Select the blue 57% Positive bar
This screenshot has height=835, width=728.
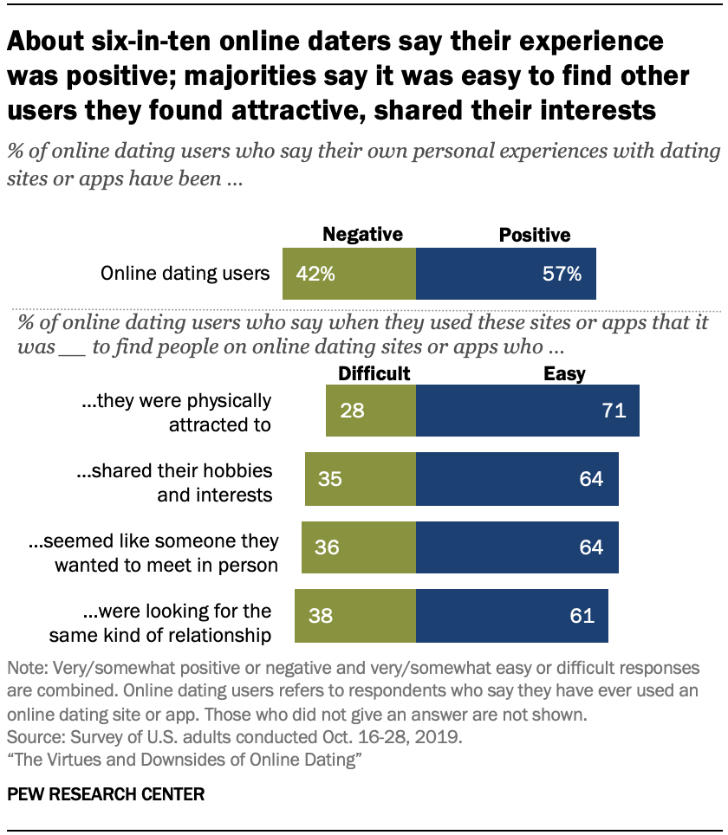click(x=506, y=274)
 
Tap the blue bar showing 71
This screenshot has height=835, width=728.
click(x=528, y=411)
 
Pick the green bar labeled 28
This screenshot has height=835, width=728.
click(x=371, y=411)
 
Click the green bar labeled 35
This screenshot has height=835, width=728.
click(x=361, y=479)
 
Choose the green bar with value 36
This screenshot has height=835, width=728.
click(x=359, y=547)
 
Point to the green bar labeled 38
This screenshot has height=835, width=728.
click(x=355, y=616)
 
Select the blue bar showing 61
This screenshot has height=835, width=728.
click(x=512, y=616)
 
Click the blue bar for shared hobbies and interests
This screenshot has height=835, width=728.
click(x=517, y=479)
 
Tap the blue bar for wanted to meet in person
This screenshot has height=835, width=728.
click(x=517, y=547)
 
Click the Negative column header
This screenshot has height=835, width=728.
click(x=362, y=235)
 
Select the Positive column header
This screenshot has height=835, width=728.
click(x=535, y=235)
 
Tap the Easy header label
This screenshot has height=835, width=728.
click(x=564, y=373)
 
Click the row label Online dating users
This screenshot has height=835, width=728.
click(x=185, y=274)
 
